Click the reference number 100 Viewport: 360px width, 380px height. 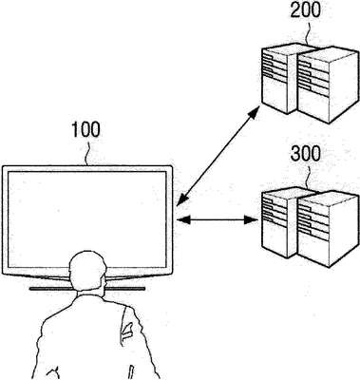tap(85, 129)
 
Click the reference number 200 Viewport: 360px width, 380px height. tap(306, 9)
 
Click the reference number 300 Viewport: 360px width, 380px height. tap(306, 154)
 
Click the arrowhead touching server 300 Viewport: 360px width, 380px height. tap(253, 219)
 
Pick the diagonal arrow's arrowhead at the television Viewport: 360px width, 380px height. tap(182, 199)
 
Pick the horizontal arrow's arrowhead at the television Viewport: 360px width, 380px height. tap(183, 219)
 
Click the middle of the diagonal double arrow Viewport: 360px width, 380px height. tap(218, 156)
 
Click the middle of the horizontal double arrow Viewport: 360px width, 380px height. tap(218, 219)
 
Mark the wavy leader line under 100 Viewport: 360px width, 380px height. tap(88, 151)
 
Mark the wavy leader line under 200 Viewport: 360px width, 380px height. tap(307, 31)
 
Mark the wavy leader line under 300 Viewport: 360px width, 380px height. tap(308, 175)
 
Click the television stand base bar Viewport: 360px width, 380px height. tap(87, 289)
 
